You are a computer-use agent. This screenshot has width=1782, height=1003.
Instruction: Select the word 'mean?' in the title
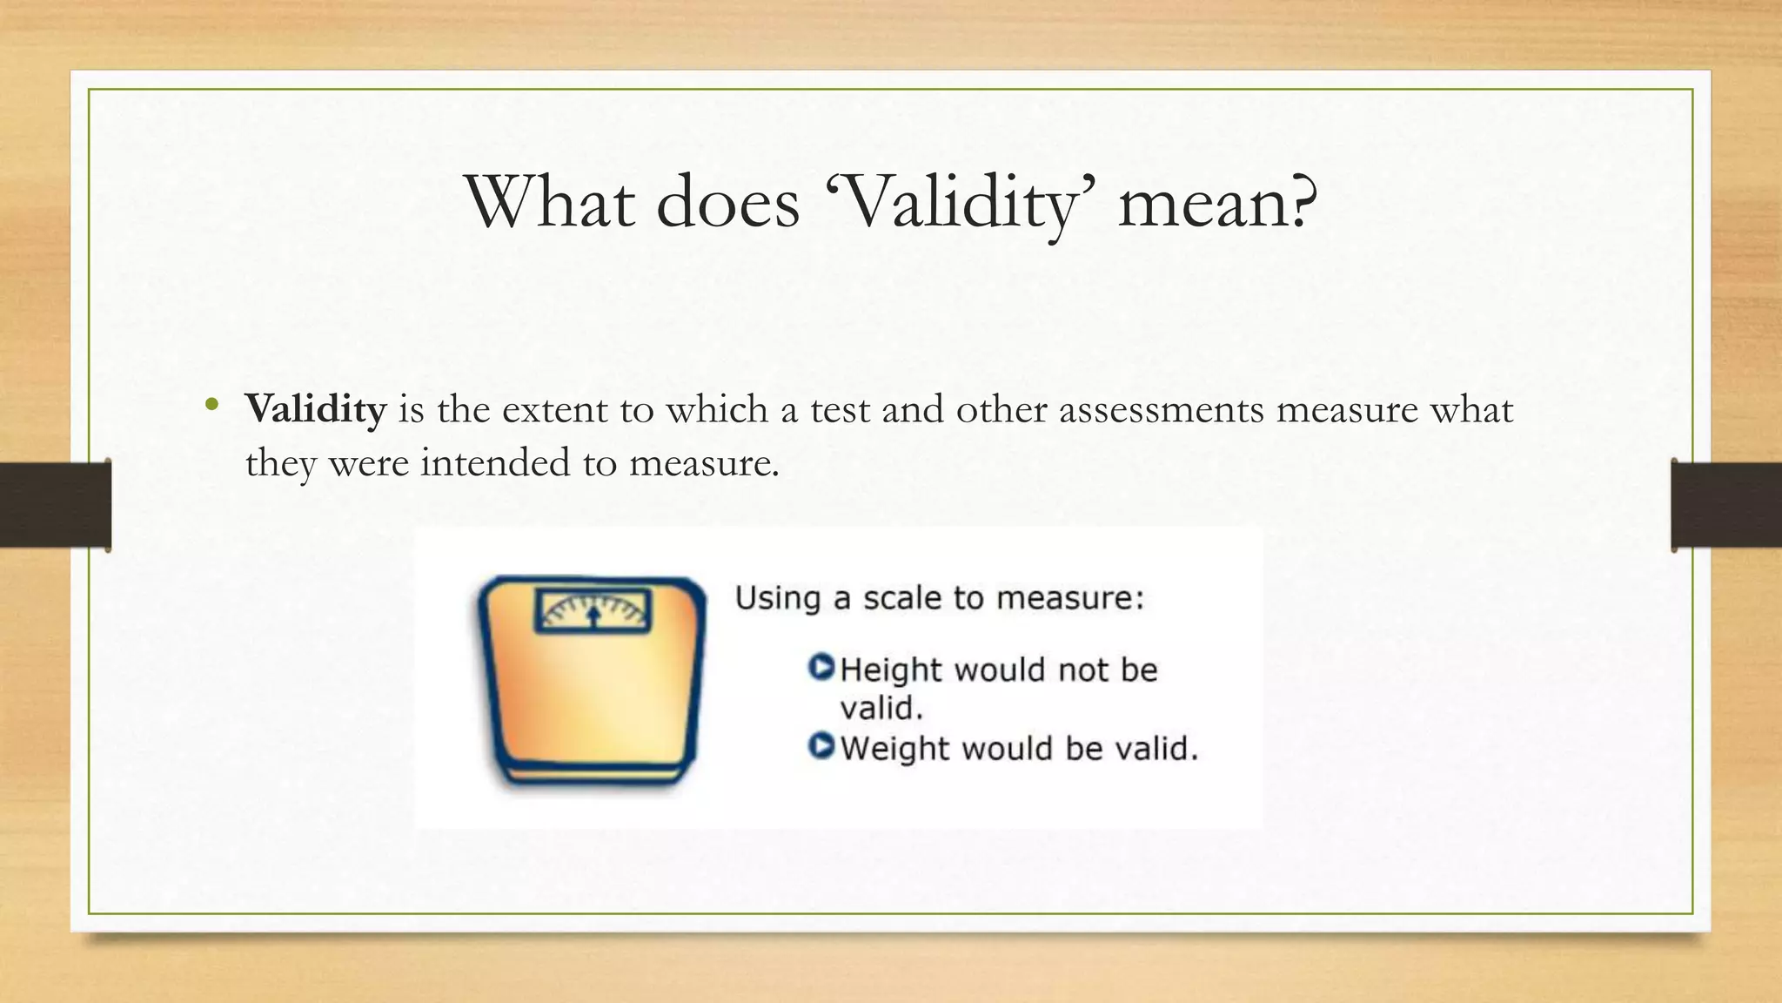click(x=1218, y=204)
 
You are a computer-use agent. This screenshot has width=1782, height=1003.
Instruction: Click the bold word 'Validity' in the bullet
click(x=315, y=409)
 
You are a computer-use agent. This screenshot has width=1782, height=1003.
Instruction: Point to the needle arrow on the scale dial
click(x=593, y=615)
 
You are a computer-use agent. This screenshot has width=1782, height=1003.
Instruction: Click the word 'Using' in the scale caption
click(x=778, y=599)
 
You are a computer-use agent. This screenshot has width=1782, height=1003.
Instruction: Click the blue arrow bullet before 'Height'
click(x=821, y=668)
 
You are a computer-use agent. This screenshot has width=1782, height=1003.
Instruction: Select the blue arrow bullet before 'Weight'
click(x=821, y=746)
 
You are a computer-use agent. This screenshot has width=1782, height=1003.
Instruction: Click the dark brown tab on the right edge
click(x=1726, y=505)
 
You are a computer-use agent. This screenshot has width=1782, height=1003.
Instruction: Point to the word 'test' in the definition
click(x=840, y=410)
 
